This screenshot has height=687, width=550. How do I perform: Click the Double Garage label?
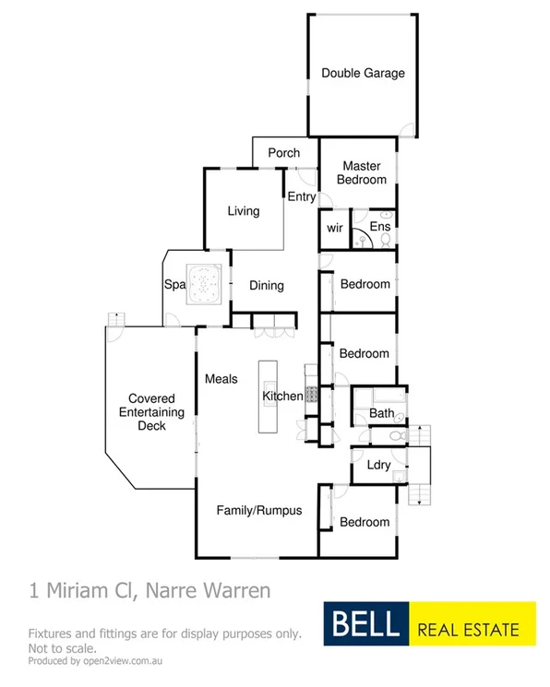363,74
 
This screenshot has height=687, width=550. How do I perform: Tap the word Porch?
283,153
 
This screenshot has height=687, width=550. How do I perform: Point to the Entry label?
301,197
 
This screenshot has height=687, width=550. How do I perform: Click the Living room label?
244,211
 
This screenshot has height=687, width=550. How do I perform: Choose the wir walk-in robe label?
334,227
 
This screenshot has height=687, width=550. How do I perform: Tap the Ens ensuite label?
380,227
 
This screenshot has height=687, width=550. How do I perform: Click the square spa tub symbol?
203,284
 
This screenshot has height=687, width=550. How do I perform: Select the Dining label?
266,286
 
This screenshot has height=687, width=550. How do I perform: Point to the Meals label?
221,379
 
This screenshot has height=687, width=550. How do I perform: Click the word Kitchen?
282,397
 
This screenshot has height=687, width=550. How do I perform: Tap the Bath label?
381,414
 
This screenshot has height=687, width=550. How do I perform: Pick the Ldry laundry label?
378,465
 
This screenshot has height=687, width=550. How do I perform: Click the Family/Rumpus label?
258,510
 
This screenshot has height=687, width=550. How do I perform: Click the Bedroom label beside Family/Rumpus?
365,522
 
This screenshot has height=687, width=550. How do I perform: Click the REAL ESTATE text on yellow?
469,631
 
